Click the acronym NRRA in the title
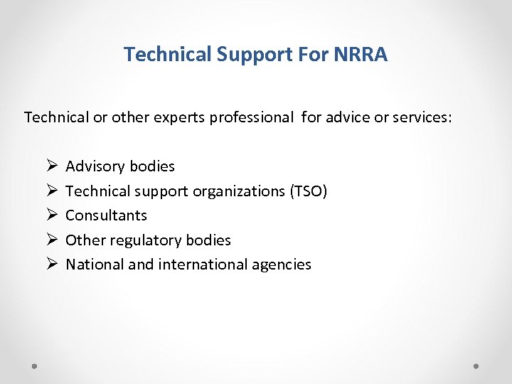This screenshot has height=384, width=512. (x=361, y=55)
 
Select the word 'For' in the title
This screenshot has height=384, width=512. (x=311, y=55)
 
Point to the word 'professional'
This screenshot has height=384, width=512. (x=250, y=117)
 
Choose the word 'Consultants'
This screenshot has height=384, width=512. (x=106, y=215)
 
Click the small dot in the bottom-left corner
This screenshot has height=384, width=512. (x=35, y=366)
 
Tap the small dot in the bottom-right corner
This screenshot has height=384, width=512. (x=476, y=366)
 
